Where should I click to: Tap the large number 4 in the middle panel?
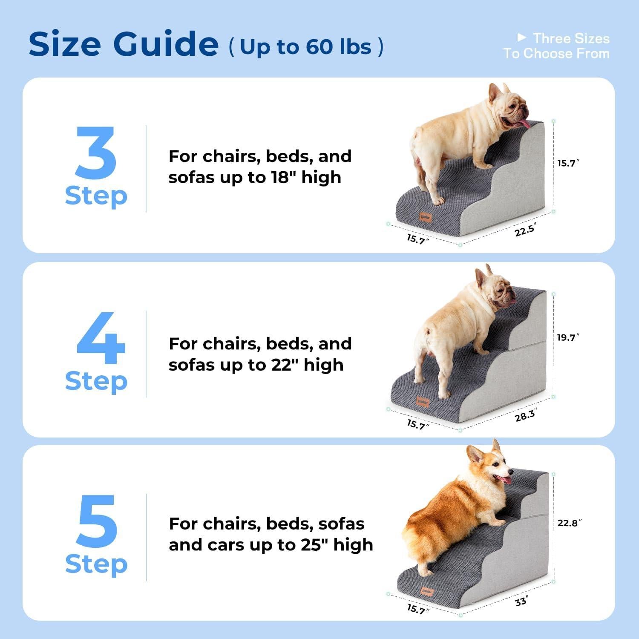[101, 338]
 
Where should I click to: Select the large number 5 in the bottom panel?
[97, 521]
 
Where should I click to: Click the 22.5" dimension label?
[524, 230]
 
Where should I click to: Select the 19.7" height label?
[568, 338]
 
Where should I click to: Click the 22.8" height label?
[569, 523]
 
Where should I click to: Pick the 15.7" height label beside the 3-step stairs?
[568, 163]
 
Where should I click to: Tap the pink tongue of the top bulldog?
[523, 124]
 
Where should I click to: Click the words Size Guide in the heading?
[124, 44]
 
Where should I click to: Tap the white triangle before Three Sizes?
[521, 38]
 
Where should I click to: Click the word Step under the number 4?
[96, 381]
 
